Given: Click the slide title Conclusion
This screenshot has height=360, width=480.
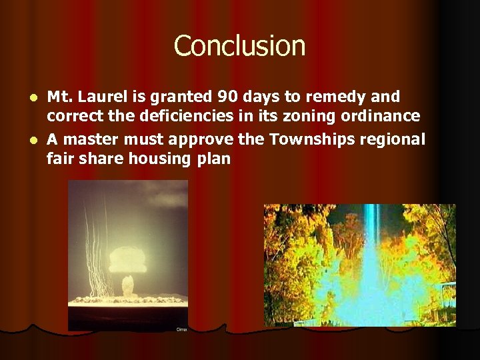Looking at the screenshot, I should pos(240,47).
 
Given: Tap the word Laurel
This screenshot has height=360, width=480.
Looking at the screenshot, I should pos(105,97).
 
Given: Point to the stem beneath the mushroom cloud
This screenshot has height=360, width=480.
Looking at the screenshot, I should pos(129,285).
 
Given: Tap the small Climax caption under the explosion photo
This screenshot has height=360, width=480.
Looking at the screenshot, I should pos(181,329).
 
